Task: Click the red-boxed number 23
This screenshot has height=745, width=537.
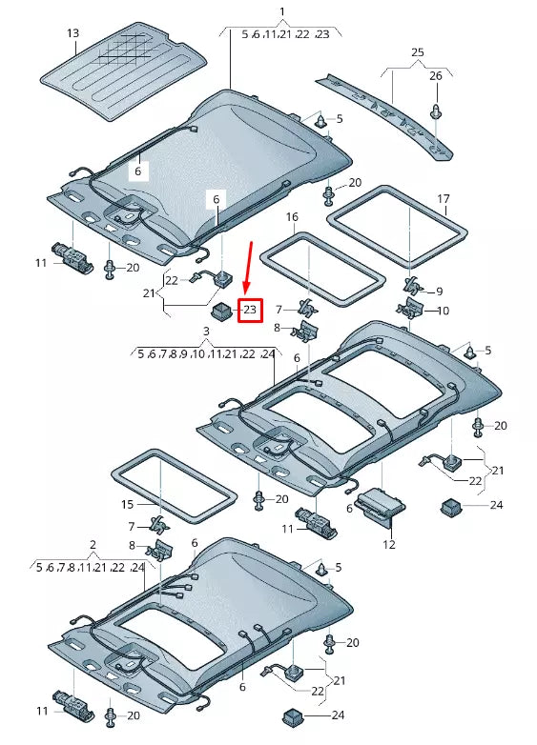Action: pyautogui.click(x=250, y=311)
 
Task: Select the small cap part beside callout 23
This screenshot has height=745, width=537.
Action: pyautogui.click(x=221, y=310)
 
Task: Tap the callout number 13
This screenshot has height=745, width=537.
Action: pyautogui.click(x=72, y=33)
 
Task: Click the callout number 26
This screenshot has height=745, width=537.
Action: pyautogui.click(x=435, y=75)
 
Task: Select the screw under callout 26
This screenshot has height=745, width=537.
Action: pyautogui.click(x=435, y=110)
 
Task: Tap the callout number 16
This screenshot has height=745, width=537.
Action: pyautogui.click(x=292, y=217)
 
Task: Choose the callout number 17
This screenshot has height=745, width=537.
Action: pyautogui.click(x=443, y=199)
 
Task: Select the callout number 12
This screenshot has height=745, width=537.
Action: pyautogui.click(x=388, y=545)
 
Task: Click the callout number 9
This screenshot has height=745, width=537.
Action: pyautogui.click(x=439, y=292)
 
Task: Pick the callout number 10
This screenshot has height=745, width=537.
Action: pyautogui.click(x=443, y=311)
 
